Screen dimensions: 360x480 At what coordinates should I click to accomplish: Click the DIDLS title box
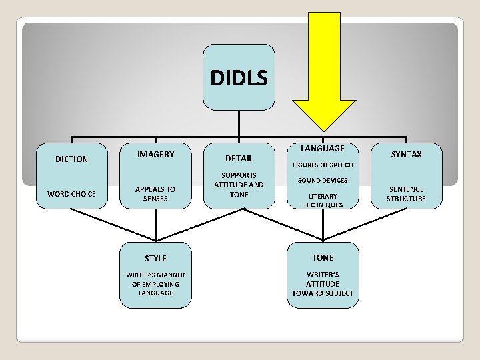tap(239, 78)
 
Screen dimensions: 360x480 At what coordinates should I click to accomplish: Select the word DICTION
tap(71, 159)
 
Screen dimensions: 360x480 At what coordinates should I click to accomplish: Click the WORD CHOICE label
tap(71, 194)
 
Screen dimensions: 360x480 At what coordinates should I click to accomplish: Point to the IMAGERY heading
tap(155, 155)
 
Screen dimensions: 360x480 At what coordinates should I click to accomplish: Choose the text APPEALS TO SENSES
tap(155, 194)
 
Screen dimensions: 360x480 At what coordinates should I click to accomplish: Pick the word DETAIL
tap(239, 159)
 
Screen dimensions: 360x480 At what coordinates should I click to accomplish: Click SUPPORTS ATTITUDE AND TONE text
tap(239, 185)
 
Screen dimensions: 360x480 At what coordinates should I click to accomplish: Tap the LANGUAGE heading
tap(323, 149)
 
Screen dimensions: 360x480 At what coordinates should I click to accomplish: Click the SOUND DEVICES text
tap(323, 181)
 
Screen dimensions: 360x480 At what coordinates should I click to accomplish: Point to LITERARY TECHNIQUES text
tap(323, 201)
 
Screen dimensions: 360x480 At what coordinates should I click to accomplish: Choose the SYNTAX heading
tap(406, 155)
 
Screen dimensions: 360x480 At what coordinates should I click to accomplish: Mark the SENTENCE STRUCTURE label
tap(406, 194)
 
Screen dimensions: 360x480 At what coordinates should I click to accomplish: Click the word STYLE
tap(155, 258)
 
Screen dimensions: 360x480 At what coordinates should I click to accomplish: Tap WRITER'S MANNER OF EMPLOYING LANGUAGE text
tap(155, 284)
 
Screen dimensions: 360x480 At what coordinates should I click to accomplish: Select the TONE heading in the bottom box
tap(323, 257)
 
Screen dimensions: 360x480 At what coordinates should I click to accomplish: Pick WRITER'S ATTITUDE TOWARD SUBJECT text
tap(323, 284)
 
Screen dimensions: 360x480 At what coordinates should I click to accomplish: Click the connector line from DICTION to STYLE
tap(113, 225)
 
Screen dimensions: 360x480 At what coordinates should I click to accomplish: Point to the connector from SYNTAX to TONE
tap(365, 225)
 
